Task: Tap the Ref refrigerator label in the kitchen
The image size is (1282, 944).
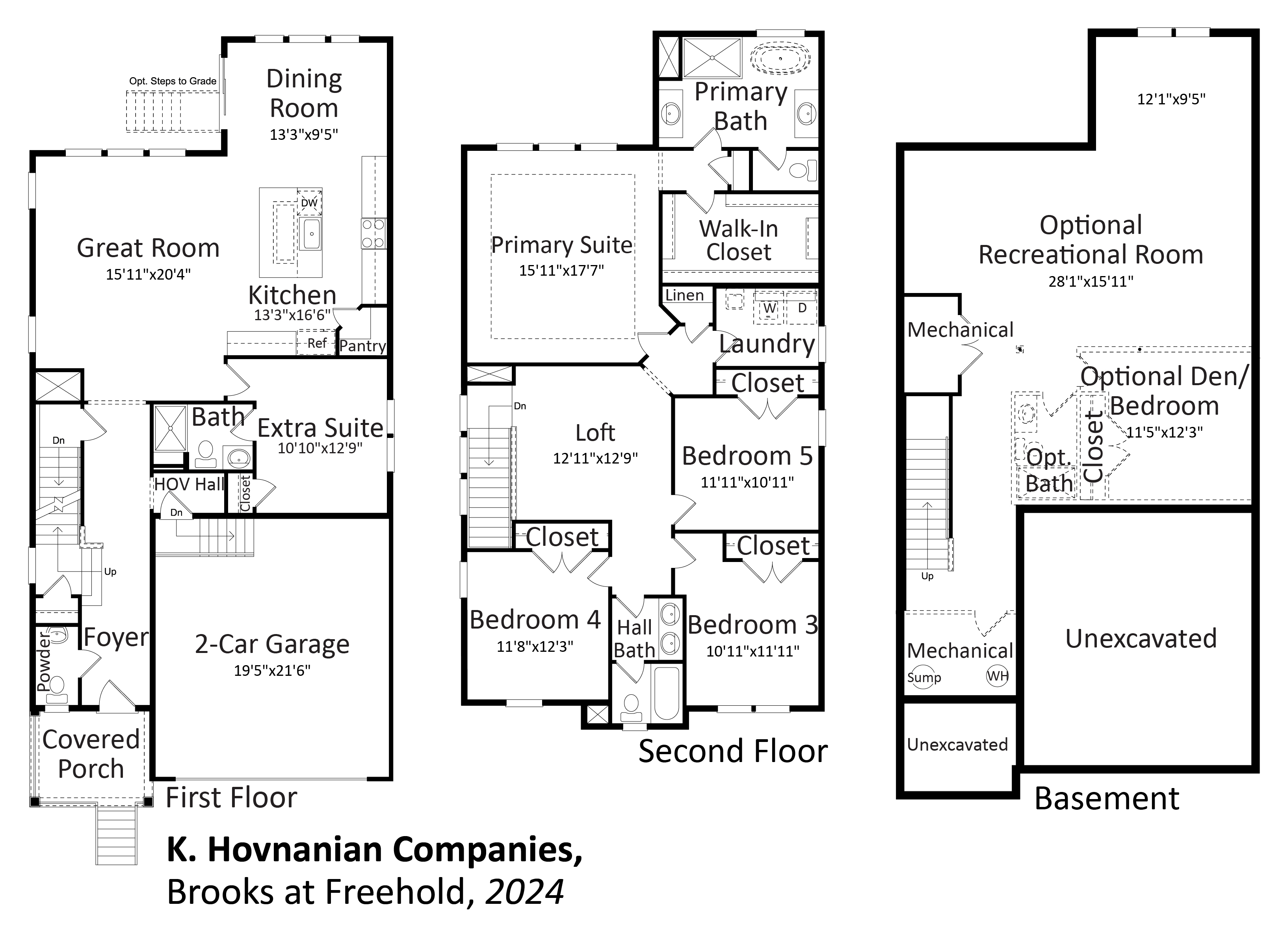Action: [317, 343]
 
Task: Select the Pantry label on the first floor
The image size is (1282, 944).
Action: [362, 346]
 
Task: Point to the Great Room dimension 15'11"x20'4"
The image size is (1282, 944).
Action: [148, 274]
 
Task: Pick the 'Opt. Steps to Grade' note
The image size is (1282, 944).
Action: [173, 81]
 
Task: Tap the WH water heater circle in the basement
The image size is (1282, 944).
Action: [998, 676]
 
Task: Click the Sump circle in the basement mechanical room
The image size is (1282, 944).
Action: [922, 678]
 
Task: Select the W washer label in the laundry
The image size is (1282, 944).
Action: [770, 308]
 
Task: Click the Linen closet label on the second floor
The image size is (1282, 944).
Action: [684, 295]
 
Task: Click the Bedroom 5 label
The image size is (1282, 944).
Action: [747, 456]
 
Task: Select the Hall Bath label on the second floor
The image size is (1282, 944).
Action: [634, 639]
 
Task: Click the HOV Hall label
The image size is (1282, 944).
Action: [189, 484]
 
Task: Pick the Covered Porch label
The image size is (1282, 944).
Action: [91, 754]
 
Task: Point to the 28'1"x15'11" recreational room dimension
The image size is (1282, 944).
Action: [1091, 281]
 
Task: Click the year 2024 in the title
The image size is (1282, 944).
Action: [525, 892]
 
